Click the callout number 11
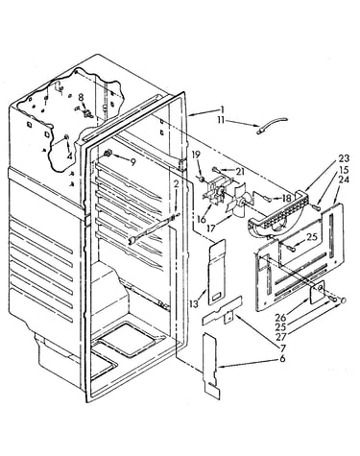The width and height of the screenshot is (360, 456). click(x=222, y=120)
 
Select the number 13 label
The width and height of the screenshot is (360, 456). click(x=194, y=303)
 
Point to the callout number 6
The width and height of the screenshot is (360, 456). click(x=282, y=359)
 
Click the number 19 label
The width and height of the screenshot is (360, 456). click(x=196, y=155)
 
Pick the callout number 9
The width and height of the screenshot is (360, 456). click(x=132, y=162)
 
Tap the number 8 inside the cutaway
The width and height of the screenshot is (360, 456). click(x=81, y=97)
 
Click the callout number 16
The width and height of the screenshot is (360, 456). click(x=201, y=220)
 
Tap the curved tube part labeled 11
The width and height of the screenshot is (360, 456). click(x=273, y=125)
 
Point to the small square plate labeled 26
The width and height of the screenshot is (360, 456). click(x=317, y=292)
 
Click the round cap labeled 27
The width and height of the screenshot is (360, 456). click(x=343, y=300)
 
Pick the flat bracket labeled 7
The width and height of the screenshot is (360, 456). click(x=222, y=311)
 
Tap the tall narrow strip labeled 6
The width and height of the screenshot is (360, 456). click(x=211, y=365)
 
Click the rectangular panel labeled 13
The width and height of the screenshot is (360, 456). click(x=217, y=272)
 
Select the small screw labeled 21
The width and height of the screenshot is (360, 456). click(x=215, y=169)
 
